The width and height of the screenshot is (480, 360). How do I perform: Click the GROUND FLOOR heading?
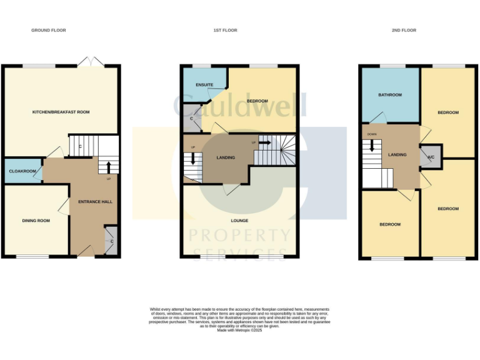pyautogui.click(x=49, y=30)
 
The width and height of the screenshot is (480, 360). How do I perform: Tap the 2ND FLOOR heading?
pyautogui.click(x=404, y=30)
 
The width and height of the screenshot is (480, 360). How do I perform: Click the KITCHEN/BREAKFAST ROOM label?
pyautogui.click(x=61, y=112)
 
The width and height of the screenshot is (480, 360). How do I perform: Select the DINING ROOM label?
pyautogui.click(x=36, y=221)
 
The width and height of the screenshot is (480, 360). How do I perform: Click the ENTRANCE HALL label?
pyautogui.click(x=95, y=202)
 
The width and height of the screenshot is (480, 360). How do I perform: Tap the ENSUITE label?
pyautogui.click(x=204, y=84)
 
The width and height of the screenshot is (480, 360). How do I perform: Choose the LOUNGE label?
pyautogui.click(x=239, y=221)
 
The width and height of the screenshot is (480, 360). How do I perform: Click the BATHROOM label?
pyautogui.click(x=390, y=95)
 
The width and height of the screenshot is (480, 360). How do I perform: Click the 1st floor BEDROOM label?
pyautogui.click(x=257, y=101)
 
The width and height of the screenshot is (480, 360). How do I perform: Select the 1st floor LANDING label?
pyautogui.click(x=225, y=157)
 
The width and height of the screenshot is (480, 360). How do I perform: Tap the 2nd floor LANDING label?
pyautogui.click(x=397, y=155)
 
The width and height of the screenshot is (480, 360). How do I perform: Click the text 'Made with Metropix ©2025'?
pyautogui.click(x=239, y=330)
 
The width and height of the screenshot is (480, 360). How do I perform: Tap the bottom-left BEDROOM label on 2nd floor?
pyautogui.click(x=390, y=224)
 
